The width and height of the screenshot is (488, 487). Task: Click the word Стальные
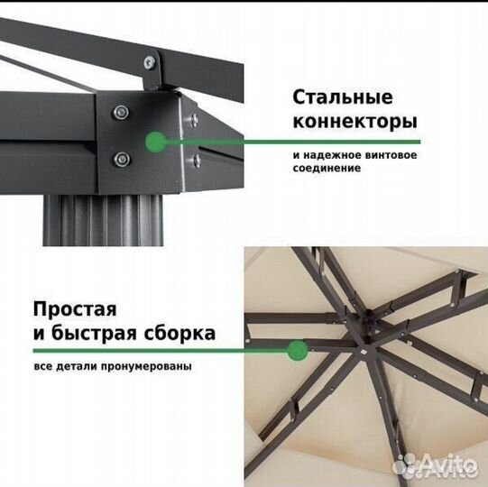(x=342, y=96)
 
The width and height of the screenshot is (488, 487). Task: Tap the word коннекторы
(x=354, y=121)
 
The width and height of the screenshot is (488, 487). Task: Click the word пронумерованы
(x=153, y=366)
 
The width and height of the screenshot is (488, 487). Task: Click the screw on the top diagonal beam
(x=147, y=62)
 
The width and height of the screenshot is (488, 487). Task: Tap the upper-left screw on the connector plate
(x=120, y=112)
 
